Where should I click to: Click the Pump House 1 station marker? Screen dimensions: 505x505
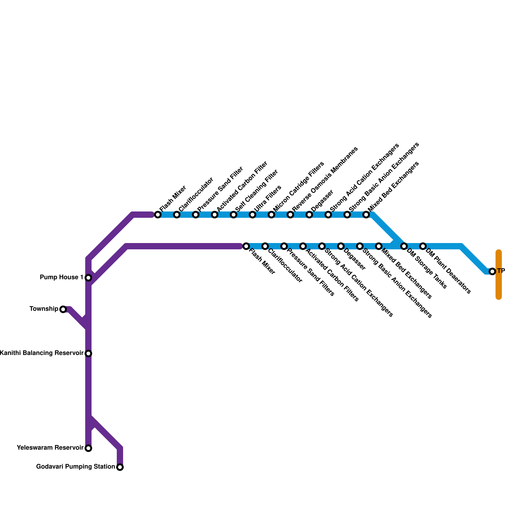click(x=89, y=278)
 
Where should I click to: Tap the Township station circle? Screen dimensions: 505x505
click(x=63, y=309)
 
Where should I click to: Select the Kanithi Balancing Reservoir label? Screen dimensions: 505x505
click(x=42, y=353)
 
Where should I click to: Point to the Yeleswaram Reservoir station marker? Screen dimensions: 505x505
click(x=89, y=448)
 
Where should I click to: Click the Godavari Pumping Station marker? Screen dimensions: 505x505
click(x=120, y=467)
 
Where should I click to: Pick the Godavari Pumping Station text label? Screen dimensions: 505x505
click(x=75, y=467)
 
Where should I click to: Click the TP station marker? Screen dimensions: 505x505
click(x=492, y=271)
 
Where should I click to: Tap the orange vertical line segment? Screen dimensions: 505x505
click(x=499, y=275)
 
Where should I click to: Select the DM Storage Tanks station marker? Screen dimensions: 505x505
click(x=404, y=246)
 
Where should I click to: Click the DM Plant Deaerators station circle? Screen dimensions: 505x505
click(x=423, y=246)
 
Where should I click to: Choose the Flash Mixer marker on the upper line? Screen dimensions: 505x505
click(x=158, y=215)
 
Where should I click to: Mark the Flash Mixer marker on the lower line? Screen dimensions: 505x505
click(x=246, y=246)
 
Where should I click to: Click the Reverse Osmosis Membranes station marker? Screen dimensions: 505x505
click(x=290, y=215)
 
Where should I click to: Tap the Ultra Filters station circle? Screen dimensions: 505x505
click(x=252, y=215)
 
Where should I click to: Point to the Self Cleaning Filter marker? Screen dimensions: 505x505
click(x=234, y=215)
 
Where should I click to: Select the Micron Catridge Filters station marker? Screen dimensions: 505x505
click(x=271, y=215)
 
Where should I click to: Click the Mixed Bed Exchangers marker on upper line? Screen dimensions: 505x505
click(x=366, y=215)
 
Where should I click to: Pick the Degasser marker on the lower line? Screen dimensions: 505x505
click(x=341, y=246)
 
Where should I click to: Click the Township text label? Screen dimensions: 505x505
click(x=44, y=309)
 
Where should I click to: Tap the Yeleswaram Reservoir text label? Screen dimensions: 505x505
click(x=50, y=448)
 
